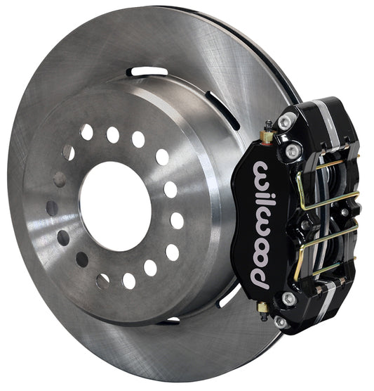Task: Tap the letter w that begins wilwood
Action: pyautogui.click(x=262, y=170)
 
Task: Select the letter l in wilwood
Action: pyautogui.click(x=261, y=200)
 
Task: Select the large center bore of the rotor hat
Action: pyautogui.click(x=114, y=196)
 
